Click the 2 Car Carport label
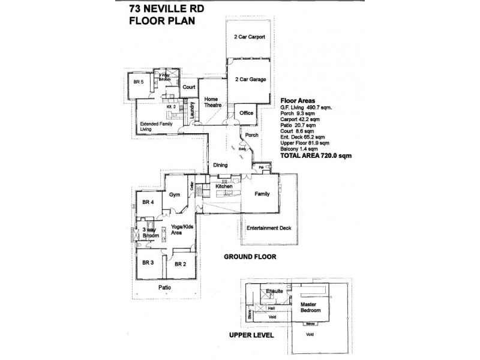(250, 37)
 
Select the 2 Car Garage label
(250, 79)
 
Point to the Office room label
(246, 113)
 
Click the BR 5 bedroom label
(139, 82)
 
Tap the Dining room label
(220, 165)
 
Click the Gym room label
(175, 195)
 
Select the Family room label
(262, 194)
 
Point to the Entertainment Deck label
(269, 228)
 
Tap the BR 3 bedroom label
(148, 263)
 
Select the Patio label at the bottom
(166, 287)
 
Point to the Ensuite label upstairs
(275, 292)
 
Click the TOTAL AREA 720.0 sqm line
(316, 155)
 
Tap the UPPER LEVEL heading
(252, 335)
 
